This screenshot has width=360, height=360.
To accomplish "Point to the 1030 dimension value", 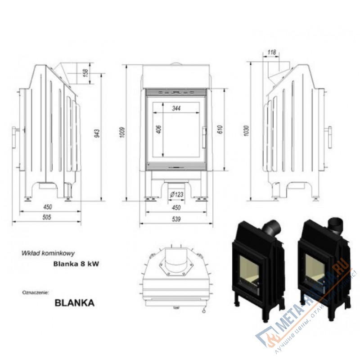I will click(246, 130).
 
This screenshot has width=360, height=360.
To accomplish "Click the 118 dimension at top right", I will click(271, 53).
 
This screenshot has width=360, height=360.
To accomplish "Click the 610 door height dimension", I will click(220, 130).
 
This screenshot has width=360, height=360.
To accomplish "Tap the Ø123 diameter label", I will click(176, 194).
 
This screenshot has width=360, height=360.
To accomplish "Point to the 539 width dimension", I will click(176, 219).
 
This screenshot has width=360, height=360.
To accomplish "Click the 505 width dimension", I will click(46, 217).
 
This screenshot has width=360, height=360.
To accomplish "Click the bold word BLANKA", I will click(74, 303).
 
